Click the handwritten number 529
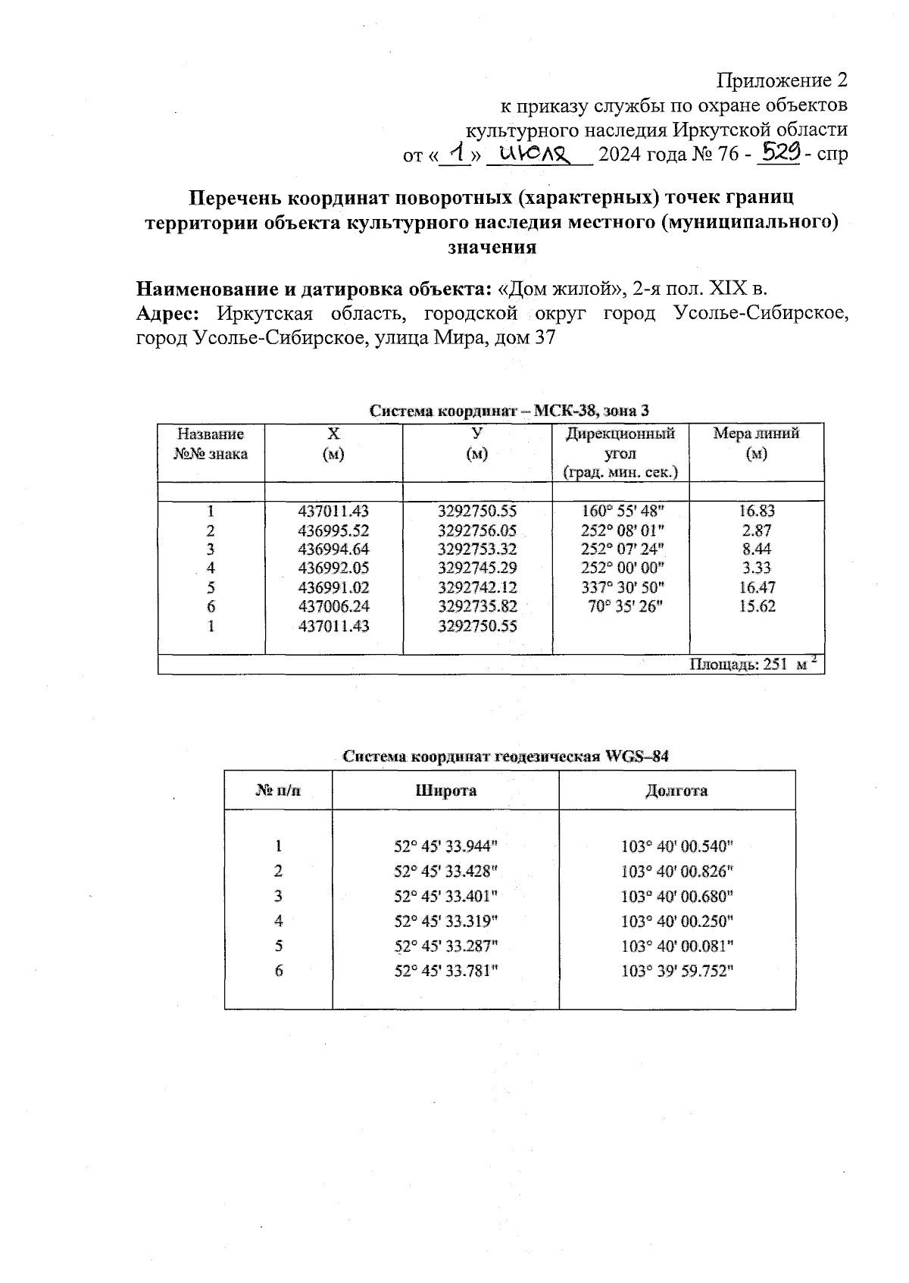pos(780,154)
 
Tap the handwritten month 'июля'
pos(539,155)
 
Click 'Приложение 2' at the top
pos(782,80)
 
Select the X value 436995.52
pos(333,530)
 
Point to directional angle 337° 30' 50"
pos(620,587)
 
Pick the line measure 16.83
pos(757,512)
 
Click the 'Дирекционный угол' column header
pos(620,452)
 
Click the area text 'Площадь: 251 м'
pos(751,665)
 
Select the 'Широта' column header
pos(445,790)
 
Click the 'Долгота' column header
pos(676,790)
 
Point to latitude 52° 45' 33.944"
pos(445,846)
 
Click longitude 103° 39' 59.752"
pos(676,971)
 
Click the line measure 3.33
pos(757,568)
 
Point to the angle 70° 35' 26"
pos(625,606)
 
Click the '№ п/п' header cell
pos(278,790)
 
